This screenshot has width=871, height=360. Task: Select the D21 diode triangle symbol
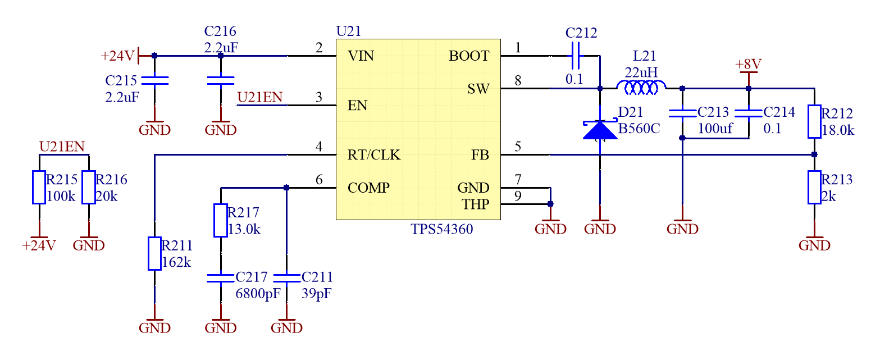pyautogui.click(x=600, y=130)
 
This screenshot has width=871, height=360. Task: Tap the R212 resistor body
pyautogui.click(x=814, y=121)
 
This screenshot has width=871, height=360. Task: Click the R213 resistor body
pyautogui.click(x=814, y=187)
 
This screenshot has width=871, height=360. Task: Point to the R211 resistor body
pyautogui.click(x=154, y=253)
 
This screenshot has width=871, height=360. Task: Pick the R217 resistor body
pyautogui.click(x=220, y=220)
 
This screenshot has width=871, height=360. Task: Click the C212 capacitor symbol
pyautogui.click(x=575, y=56)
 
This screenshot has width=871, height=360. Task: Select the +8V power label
pyautogui.click(x=748, y=64)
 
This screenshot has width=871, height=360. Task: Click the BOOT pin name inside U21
pyautogui.click(x=469, y=56)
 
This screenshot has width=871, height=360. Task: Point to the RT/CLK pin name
pyautogui.click(x=374, y=155)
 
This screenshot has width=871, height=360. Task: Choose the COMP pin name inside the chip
pyautogui.click(x=368, y=188)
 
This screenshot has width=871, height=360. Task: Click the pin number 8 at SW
pyautogui.click(x=518, y=81)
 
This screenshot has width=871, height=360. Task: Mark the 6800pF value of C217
pyautogui.click(x=258, y=294)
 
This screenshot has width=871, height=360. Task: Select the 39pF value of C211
pyautogui.click(x=316, y=294)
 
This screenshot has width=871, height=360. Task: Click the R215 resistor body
pyautogui.click(x=39, y=187)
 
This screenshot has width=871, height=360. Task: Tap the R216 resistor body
pyautogui.click(x=88, y=187)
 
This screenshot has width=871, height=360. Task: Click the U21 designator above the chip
pyautogui.click(x=348, y=31)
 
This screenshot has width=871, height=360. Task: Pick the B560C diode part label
pyautogui.click(x=639, y=129)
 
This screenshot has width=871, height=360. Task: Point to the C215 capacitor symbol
pyautogui.click(x=154, y=80)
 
